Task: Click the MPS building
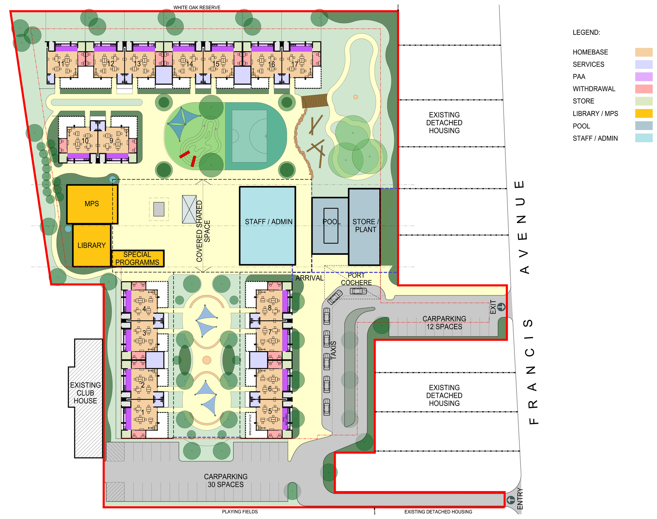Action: coord(92,204)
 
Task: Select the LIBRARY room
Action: coord(91,245)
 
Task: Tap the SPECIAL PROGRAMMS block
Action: coord(137,259)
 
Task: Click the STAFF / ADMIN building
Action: coord(267,226)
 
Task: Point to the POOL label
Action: coord(331,222)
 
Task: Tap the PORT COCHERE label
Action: coord(356,279)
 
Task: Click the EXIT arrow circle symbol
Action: coord(501,307)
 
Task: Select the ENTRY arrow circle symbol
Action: coord(510,500)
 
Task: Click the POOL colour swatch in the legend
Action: coord(644,126)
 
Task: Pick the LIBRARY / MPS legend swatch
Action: coord(644,113)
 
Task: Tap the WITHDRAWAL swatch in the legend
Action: coord(644,89)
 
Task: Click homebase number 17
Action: coord(295,64)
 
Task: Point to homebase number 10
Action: coord(85,141)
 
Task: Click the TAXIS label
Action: coord(333,350)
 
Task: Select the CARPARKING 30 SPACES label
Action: coord(226,480)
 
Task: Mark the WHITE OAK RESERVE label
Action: coord(197,7)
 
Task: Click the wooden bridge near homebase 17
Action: coord(314,101)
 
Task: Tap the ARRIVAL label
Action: coord(309,278)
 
